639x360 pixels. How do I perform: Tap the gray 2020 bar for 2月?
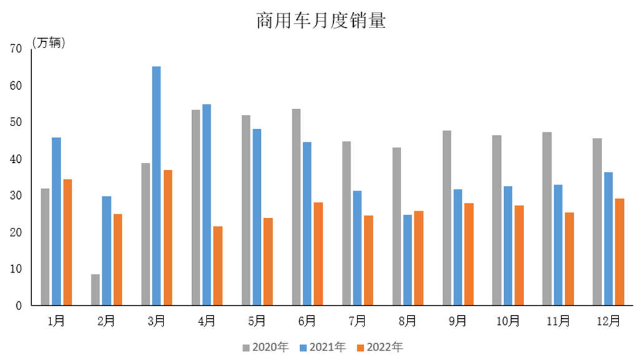pos(95,289)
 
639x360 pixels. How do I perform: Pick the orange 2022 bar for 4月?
pos(218,266)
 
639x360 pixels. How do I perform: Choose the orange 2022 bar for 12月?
pos(619,252)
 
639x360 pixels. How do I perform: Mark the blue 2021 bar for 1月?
pos(56,221)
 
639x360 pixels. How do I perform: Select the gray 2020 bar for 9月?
pos(447,218)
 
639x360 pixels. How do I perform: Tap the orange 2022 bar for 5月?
pos(268,261)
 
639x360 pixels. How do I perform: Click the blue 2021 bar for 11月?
pos(557,245)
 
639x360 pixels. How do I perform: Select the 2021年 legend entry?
pos(323,347)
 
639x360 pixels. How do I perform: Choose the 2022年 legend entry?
pos(379,347)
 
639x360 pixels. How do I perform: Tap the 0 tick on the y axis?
pos(19,306)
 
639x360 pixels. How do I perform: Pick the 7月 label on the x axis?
pos(357,321)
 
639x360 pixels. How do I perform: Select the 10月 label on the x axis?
pos(508,321)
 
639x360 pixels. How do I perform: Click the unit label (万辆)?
pos(48,44)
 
